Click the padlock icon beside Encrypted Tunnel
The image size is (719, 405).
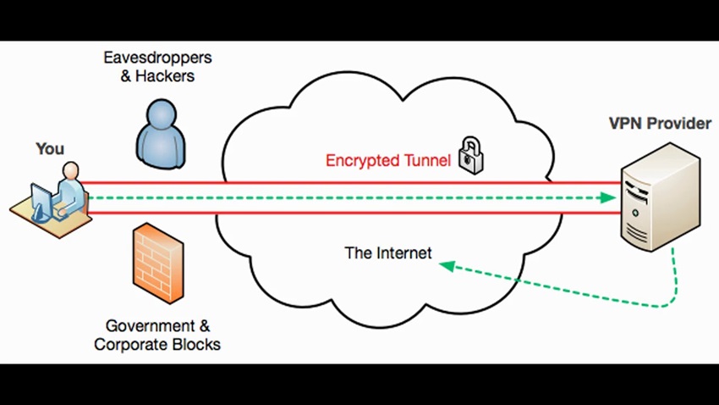coord(467,158)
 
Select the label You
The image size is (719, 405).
coord(50,149)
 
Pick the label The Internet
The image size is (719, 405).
coord(388,252)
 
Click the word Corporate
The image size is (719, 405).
coord(127,345)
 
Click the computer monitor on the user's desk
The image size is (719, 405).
coord(40,202)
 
